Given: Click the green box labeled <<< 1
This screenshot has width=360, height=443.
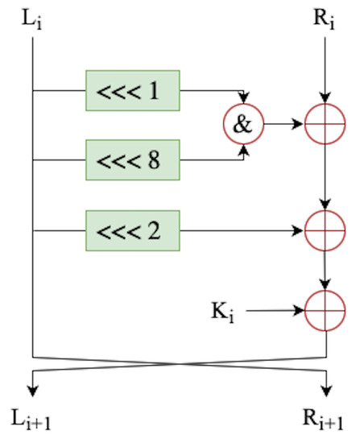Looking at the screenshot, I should pos(132,90).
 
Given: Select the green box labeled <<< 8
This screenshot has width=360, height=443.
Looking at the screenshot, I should pos(132,159).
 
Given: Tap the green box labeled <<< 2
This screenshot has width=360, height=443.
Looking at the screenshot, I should pos(132,230).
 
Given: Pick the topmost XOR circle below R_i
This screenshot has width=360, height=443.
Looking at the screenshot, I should pos(325,125).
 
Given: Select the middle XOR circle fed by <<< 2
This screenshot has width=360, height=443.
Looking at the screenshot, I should pos(325,230).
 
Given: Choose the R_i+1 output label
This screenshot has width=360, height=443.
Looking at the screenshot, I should pos(325,424).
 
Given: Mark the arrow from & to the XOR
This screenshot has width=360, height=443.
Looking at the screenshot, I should pos(283,125).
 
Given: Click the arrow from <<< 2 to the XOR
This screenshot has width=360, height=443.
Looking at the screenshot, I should pos(242,230).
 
